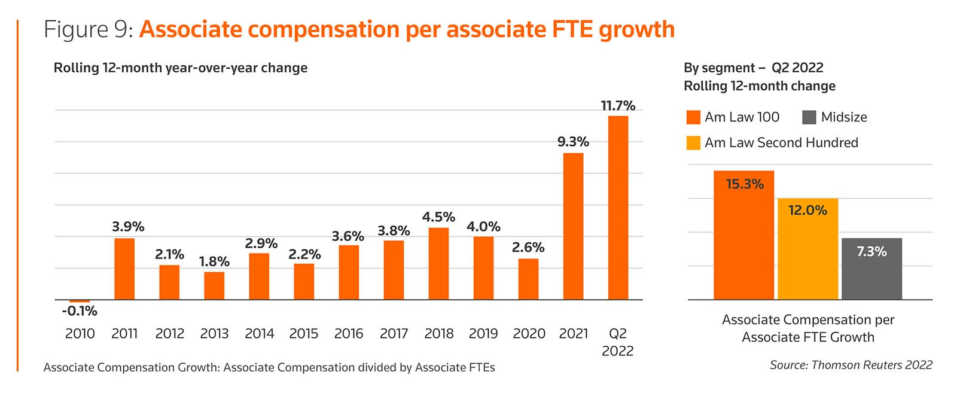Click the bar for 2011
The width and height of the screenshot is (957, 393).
(x=124, y=269)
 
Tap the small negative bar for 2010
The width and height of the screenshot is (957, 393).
(x=80, y=301)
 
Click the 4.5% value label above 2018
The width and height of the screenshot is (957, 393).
(x=438, y=217)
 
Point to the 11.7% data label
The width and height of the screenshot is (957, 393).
(x=618, y=106)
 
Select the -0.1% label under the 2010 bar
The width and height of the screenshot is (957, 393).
(x=80, y=311)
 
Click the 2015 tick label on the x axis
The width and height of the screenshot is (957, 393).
(x=304, y=334)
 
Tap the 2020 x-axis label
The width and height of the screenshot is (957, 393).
(x=529, y=334)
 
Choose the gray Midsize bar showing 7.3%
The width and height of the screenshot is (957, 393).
(x=871, y=269)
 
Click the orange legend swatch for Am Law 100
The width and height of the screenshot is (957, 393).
(x=693, y=117)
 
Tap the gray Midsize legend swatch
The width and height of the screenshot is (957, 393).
(x=809, y=117)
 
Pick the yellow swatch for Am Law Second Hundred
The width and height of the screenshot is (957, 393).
(x=693, y=143)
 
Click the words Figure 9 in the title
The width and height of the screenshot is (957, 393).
(x=88, y=29)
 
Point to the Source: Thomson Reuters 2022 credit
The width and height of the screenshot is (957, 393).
(x=851, y=365)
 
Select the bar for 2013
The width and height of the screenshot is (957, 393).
(x=214, y=286)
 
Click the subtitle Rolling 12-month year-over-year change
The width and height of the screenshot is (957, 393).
(x=181, y=68)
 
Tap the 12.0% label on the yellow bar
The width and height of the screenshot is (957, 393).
(x=807, y=211)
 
